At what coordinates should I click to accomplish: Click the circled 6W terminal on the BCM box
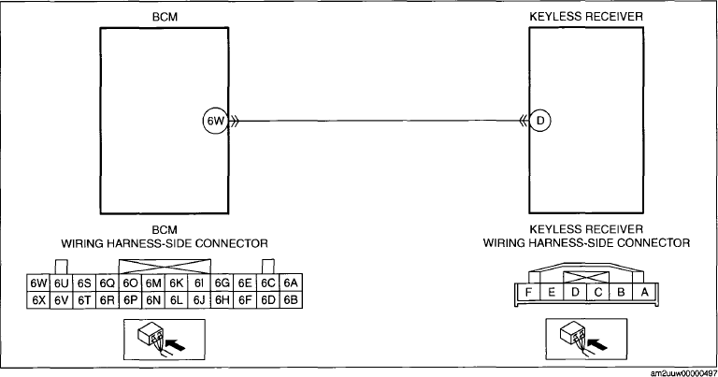click(215, 121)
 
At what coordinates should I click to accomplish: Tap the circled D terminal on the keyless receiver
click(540, 121)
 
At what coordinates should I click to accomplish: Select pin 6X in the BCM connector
click(38, 300)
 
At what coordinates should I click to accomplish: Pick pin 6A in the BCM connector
click(291, 283)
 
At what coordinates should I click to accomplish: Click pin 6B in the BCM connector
click(291, 300)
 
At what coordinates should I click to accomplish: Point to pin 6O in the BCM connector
click(130, 283)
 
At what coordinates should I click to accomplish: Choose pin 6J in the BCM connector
click(199, 300)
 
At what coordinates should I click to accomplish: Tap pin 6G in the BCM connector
click(223, 283)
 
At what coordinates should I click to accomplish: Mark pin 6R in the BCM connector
click(108, 300)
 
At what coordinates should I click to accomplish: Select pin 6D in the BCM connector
click(268, 300)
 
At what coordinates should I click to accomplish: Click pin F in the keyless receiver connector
click(528, 292)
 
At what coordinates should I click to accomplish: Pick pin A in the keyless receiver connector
click(644, 292)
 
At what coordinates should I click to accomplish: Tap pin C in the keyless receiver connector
click(598, 292)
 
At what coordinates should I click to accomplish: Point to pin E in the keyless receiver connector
click(552, 292)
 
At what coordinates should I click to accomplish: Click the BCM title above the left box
click(165, 17)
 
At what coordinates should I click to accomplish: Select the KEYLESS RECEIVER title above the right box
click(586, 17)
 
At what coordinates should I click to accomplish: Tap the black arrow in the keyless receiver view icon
click(597, 343)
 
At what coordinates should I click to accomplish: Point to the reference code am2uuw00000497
click(683, 373)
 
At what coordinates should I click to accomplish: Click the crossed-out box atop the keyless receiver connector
click(586, 278)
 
